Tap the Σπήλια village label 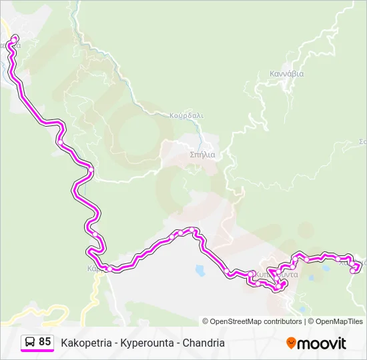202,154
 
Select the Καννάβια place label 286,74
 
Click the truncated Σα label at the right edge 363,141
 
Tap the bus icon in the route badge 30,342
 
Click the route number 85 45,342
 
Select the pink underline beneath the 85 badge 37,351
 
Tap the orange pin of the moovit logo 291,343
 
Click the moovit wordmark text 322,343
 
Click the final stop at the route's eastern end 353,270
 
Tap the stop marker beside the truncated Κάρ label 105,268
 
